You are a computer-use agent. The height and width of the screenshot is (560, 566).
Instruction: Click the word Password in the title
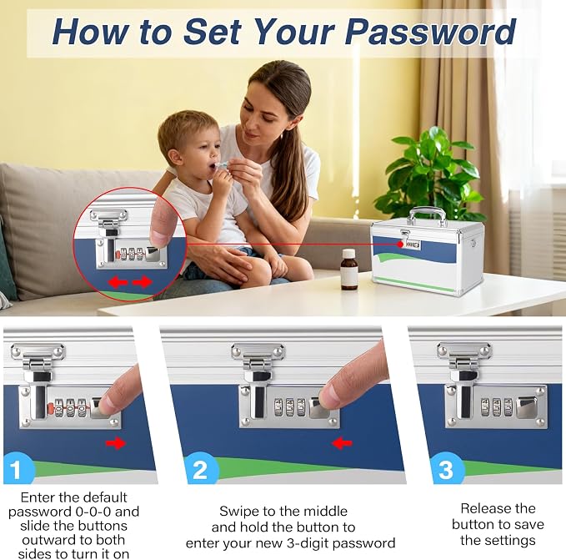coord(430,32)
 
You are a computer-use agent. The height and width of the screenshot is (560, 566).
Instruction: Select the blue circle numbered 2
coord(201,470)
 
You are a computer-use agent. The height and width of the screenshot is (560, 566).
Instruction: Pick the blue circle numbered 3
coord(448,468)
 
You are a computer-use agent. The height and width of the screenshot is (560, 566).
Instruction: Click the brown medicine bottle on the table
coord(349,270)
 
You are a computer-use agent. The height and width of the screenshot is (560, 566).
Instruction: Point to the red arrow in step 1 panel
coord(116,443)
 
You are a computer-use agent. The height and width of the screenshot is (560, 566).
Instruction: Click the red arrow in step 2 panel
coord(342,443)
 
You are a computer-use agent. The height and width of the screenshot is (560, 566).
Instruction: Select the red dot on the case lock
coord(400,245)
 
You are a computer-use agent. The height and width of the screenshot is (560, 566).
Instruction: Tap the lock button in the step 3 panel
coord(527,407)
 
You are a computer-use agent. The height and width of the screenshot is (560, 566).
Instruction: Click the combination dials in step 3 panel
coord(497,407)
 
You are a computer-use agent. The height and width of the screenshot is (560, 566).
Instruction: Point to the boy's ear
coord(174,158)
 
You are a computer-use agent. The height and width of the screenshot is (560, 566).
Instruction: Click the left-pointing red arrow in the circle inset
coord(118,281)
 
